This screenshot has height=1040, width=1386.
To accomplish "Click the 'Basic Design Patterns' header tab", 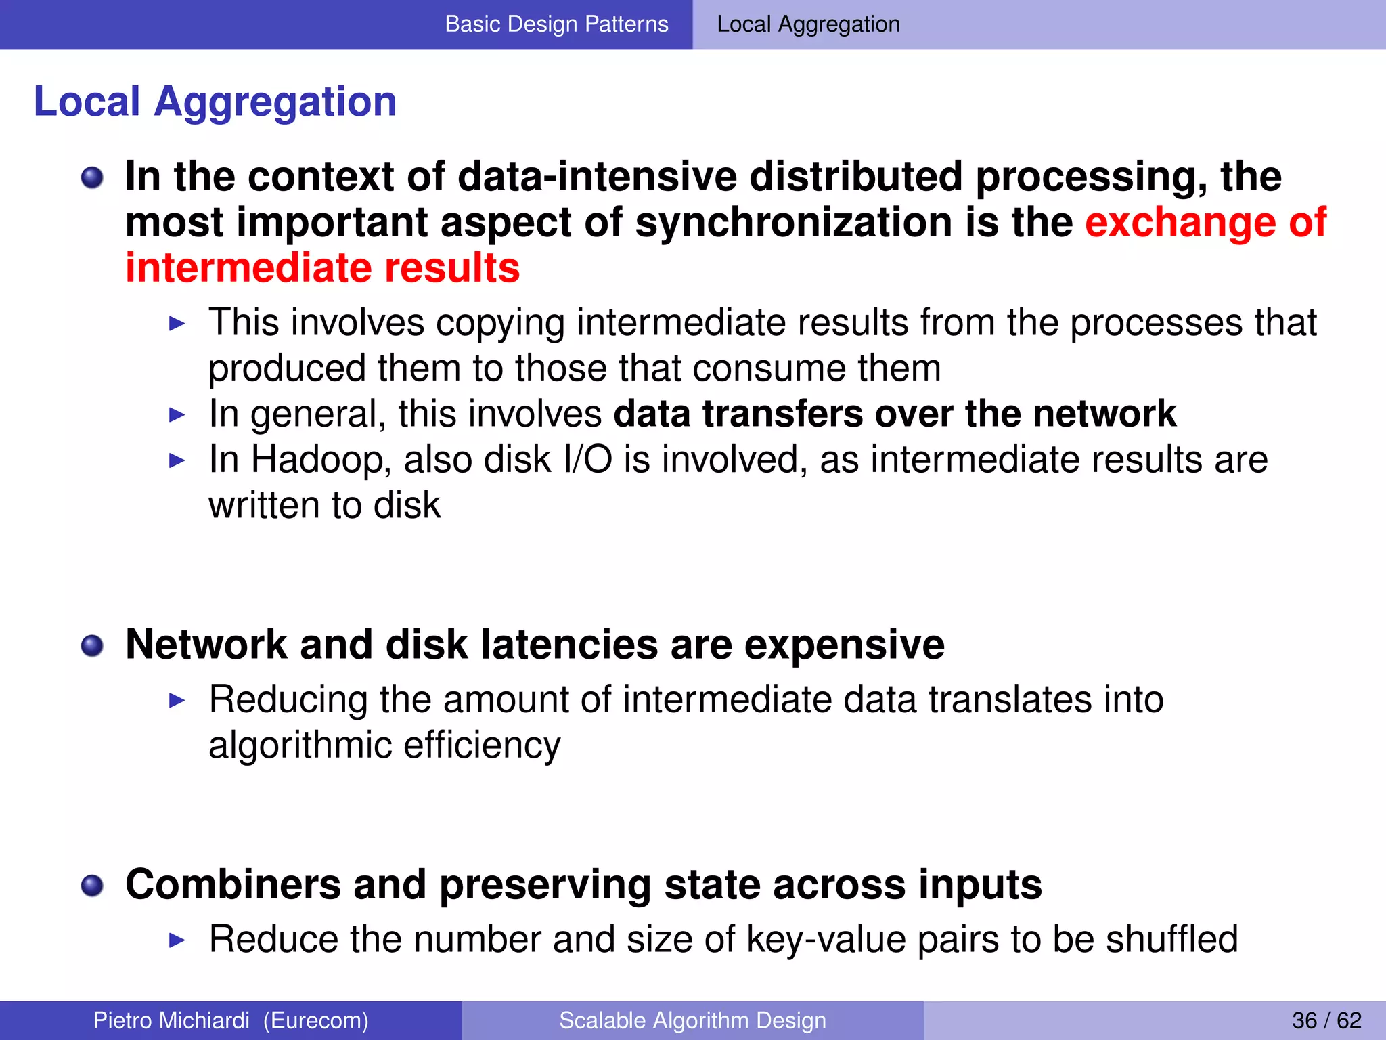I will [556, 24].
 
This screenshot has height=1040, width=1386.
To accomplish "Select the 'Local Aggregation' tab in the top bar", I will [808, 24].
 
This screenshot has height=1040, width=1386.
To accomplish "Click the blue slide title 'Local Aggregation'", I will [215, 102].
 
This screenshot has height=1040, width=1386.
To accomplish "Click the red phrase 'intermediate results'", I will [323, 268].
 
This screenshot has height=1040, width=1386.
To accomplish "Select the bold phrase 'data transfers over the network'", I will [895, 414].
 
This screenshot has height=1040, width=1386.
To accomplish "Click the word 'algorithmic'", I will [300, 745].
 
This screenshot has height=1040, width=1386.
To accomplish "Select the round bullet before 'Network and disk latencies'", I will [92, 646].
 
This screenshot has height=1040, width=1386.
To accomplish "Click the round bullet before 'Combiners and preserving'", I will [92, 886].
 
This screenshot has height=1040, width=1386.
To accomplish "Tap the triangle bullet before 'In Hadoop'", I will [177, 461].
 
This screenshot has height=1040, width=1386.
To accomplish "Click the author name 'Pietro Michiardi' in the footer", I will [171, 1020].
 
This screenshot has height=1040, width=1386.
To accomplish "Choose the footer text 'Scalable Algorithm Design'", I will [692, 1020].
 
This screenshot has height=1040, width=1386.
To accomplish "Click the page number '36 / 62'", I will [1326, 1020].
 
